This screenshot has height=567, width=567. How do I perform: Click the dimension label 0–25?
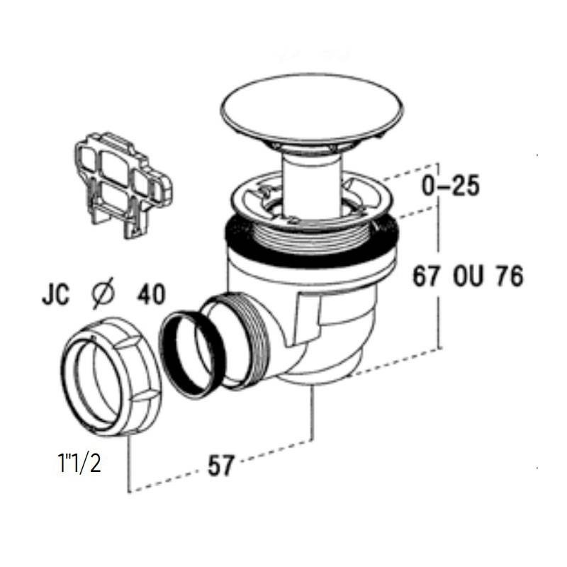[451, 186]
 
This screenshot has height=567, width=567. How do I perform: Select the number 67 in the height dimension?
[427, 276]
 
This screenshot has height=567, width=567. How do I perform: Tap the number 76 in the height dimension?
[510, 276]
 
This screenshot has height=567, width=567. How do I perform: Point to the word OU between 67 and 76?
[468, 276]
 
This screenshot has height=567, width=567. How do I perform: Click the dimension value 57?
[221, 465]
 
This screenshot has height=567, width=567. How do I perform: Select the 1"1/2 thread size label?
[79, 464]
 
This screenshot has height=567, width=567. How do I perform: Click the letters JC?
[56, 294]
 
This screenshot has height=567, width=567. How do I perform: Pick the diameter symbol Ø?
[103, 293]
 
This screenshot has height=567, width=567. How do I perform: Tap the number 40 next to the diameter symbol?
[151, 294]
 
